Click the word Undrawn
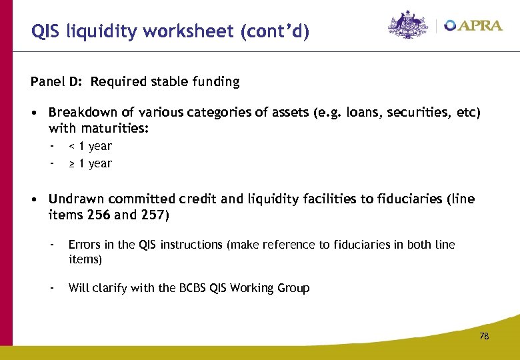(x=75, y=199)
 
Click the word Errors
(x=83, y=245)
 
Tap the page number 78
(x=484, y=337)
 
